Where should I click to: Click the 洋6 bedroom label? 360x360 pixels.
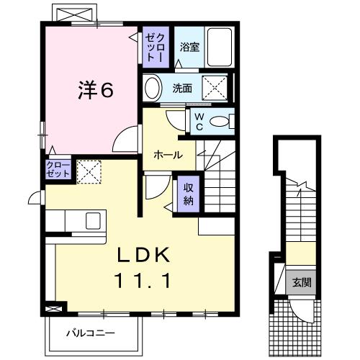(95, 89)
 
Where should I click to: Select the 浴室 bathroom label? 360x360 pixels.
(189, 47)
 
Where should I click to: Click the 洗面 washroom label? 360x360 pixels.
(182, 89)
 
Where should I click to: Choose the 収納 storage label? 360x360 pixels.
(188, 192)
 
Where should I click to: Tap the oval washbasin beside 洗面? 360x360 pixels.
(153, 89)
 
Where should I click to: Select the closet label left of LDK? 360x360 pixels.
(58, 169)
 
